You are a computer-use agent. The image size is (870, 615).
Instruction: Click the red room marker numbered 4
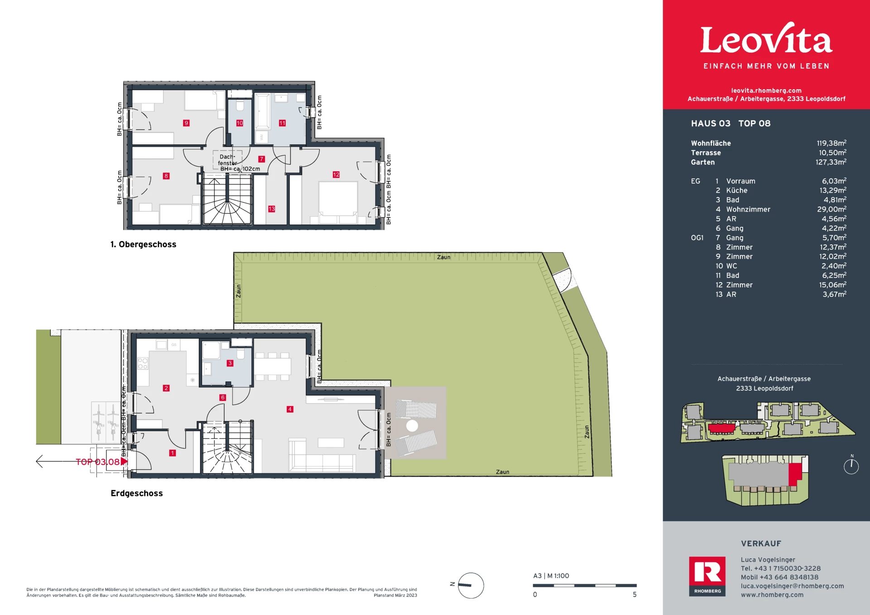point(290,409)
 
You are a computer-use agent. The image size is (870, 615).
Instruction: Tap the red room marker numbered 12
point(336,175)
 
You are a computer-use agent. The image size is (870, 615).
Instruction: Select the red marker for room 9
point(186,123)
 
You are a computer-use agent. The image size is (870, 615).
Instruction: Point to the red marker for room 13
point(271,209)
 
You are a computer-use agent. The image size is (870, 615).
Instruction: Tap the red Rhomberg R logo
point(707,576)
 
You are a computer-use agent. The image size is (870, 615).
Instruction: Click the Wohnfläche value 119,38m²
point(831,143)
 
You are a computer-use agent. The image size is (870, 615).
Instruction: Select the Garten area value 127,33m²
point(831,162)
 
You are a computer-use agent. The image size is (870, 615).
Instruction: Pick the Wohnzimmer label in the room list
point(748,209)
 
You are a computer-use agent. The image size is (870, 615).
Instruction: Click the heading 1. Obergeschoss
point(143,245)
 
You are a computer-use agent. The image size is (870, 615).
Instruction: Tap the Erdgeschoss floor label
point(137,493)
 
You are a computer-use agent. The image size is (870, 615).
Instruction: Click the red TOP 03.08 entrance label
point(97,462)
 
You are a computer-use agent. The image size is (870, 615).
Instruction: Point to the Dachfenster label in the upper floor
point(227,160)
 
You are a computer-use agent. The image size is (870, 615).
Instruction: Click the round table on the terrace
point(412,426)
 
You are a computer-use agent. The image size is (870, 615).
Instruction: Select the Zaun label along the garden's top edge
point(444,257)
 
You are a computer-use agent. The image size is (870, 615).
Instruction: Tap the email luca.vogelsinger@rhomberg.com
point(793,586)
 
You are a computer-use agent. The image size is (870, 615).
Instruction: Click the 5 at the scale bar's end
point(635,595)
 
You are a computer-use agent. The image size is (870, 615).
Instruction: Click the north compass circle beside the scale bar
point(471,585)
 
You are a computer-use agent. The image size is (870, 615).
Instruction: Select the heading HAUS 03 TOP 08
point(730,124)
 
